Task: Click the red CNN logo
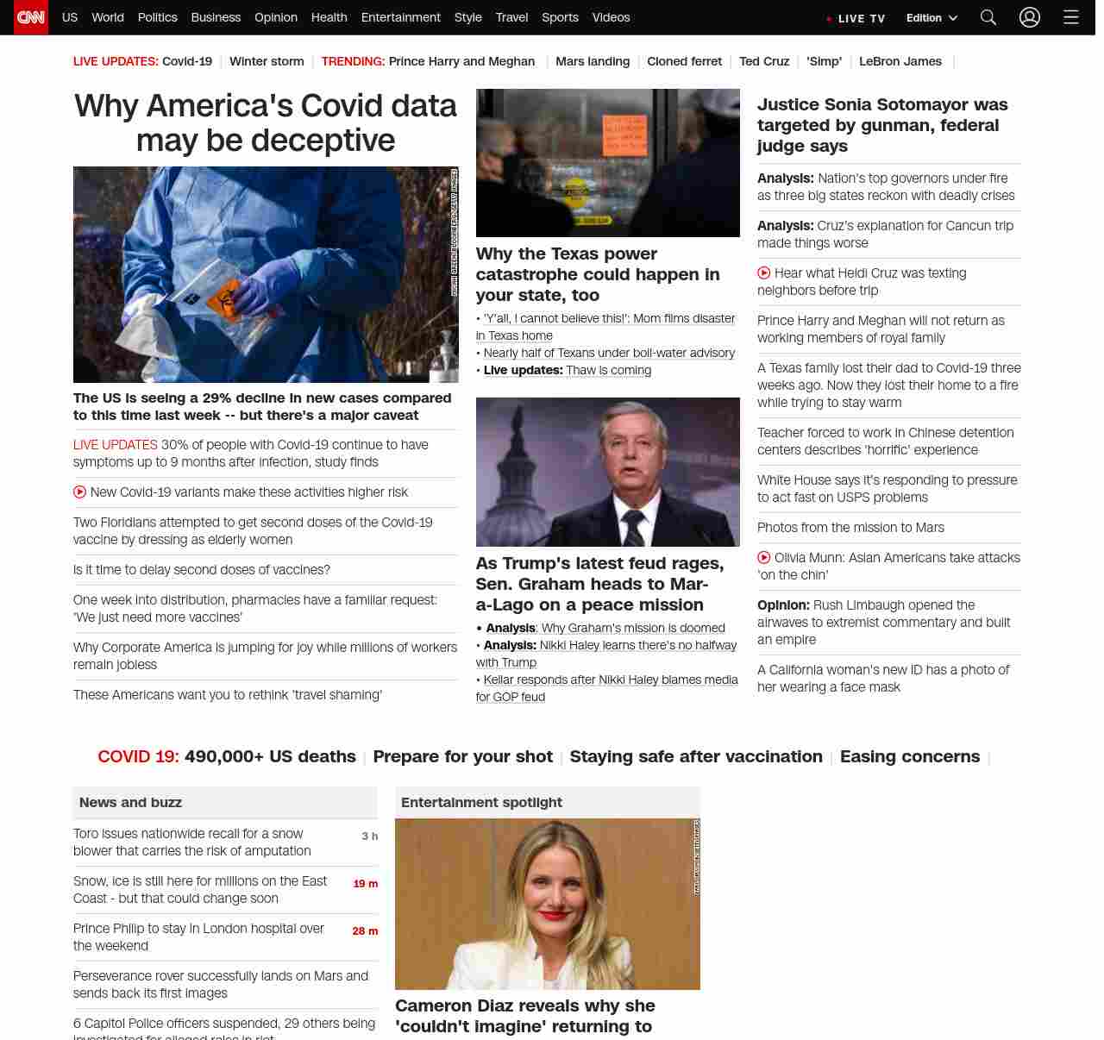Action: tap(31, 17)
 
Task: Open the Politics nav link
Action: tap(157, 17)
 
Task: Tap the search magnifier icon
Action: tap(988, 17)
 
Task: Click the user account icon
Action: tap(1030, 17)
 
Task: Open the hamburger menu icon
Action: tap(1071, 17)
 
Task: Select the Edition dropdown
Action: tap(931, 18)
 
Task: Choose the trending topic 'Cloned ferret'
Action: tap(684, 61)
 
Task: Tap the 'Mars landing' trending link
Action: tap(593, 61)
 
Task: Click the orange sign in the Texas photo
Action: tap(624, 134)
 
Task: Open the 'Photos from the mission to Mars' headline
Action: tap(850, 528)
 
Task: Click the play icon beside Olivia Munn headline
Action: tap(763, 558)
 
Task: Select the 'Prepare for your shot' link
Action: tap(462, 756)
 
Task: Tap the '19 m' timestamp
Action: tap(366, 884)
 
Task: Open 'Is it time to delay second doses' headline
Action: tap(202, 570)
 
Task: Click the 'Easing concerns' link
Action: tap(910, 756)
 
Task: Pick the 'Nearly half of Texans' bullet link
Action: tap(609, 353)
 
